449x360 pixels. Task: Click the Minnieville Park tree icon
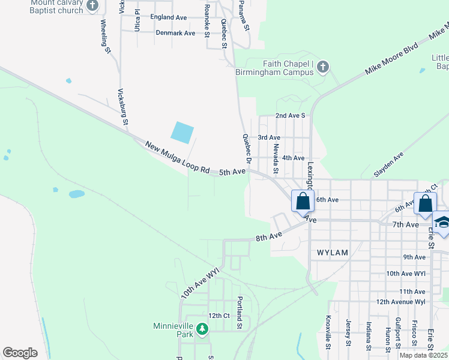point(202,329)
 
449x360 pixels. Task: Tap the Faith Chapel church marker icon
point(323,67)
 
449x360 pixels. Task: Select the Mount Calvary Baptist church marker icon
point(92,6)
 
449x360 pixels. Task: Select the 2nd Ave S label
point(291,115)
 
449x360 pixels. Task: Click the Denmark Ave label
point(176,33)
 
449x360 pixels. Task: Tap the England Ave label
point(169,17)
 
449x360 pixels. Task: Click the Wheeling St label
point(106,37)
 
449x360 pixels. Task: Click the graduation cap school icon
point(442,223)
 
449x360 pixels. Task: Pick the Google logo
point(20,353)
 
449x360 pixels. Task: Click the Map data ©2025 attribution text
point(423,355)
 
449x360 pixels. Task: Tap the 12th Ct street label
point(218,316)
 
